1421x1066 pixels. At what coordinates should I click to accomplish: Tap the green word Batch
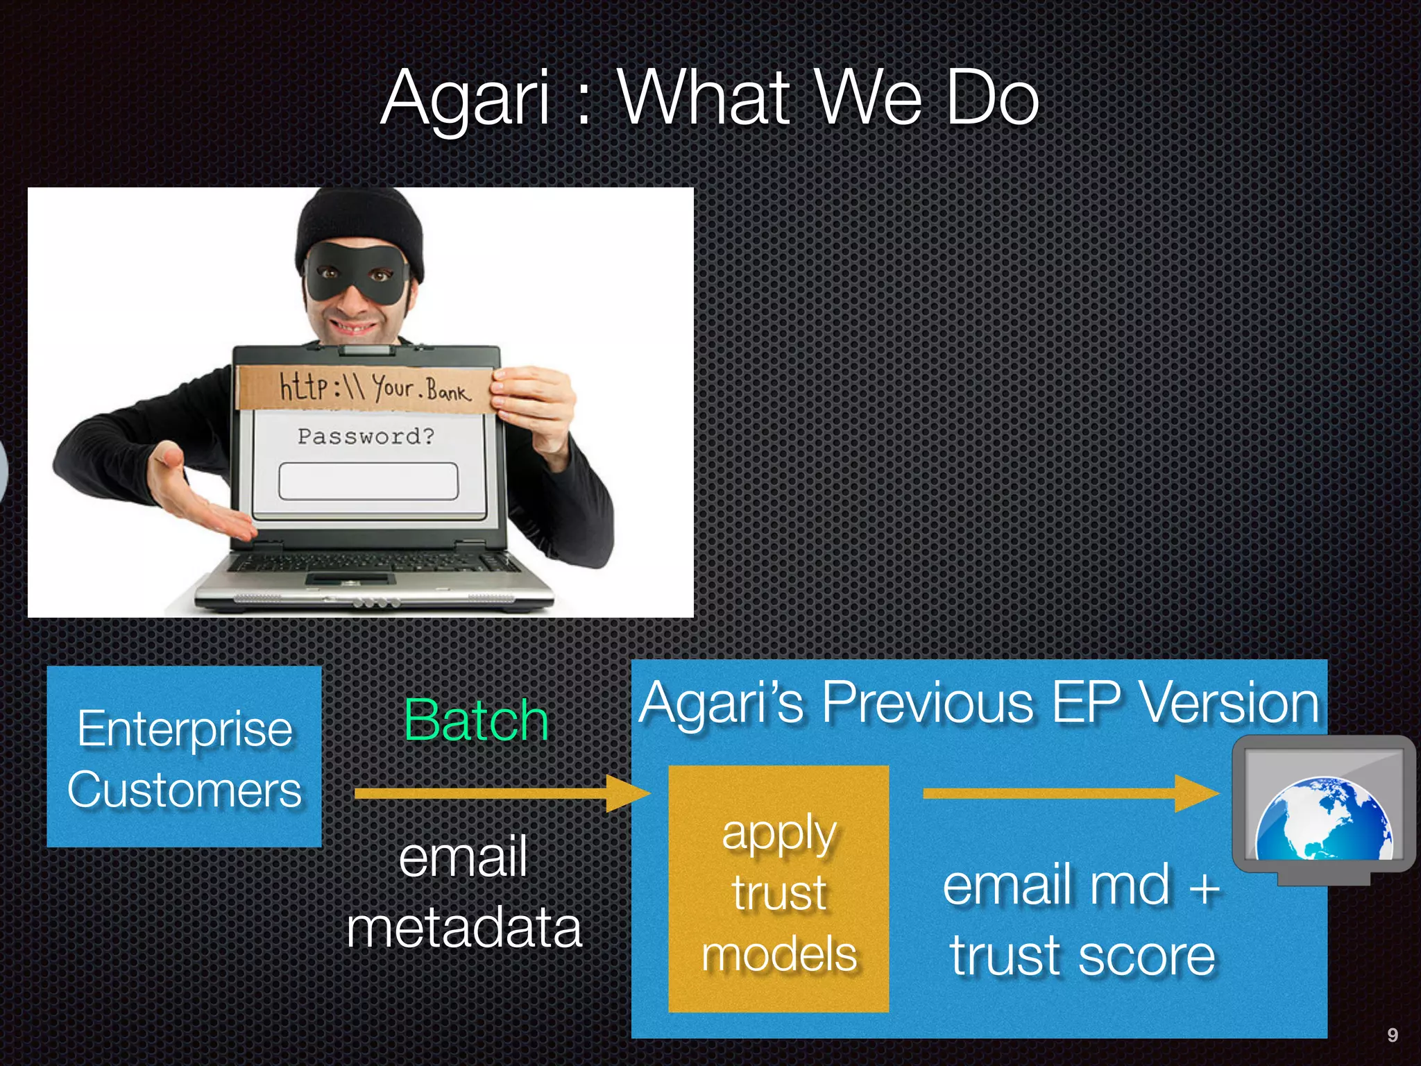(x=476, y=720)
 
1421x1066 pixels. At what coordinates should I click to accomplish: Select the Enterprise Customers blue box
(x=184, y=757)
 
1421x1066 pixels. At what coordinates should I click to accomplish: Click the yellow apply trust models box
(x=778, y=889)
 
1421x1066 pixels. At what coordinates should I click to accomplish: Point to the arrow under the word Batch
(x=500, y=793)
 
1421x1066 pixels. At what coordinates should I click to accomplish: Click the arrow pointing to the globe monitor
(x=1069, y=793)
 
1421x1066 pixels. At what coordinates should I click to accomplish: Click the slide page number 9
(x=1392, y=1035)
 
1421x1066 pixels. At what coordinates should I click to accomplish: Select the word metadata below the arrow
(x=463, y=929)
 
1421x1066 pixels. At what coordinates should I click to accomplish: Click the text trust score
(x=1082, y=956)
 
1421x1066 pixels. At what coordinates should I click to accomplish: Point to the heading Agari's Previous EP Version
(x=978, y=702)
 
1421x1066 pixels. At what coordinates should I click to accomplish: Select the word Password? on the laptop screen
(x=366, y=437)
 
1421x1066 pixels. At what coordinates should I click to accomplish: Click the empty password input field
(x=368, y=481)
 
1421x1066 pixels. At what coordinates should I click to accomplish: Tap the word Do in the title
(x=992, y=99)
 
